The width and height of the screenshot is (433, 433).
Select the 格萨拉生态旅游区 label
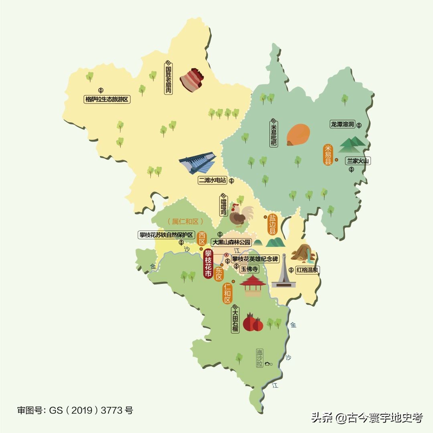(107, 99)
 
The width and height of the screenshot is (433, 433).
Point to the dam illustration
(198, 163)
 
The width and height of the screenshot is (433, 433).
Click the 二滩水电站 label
(212, 181)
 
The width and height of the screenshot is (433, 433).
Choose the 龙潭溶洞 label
(342, 124)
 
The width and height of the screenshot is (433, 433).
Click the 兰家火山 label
(358, 161)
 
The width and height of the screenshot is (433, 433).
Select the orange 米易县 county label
(328, 156)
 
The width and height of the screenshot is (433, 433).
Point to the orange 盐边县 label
(273, 225)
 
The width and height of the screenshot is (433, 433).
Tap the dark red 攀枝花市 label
(208, 263)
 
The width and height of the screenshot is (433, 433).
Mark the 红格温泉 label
(308, 270)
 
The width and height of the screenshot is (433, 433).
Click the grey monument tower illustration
(283, 272)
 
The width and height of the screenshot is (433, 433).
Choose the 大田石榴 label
(235, 319)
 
